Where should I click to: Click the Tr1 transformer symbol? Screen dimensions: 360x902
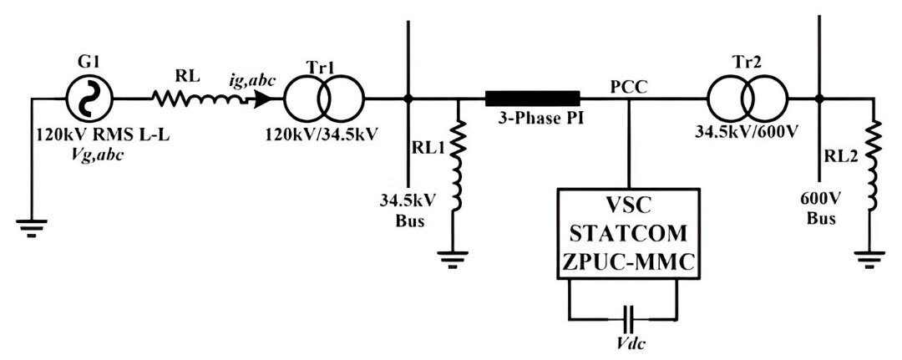323,99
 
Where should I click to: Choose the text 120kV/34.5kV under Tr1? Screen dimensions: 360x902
323,133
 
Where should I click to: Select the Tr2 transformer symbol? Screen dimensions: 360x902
748,99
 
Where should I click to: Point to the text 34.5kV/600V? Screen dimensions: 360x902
748,133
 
